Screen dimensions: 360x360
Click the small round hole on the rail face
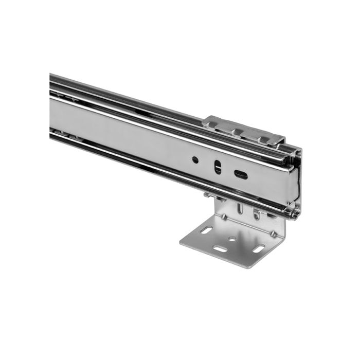point(195,159)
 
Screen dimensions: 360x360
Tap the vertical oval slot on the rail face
point(218,167)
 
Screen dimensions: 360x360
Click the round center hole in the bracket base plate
point(233,239)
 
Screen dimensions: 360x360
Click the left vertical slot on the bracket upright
point(240,208)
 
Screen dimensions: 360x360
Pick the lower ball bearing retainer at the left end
point(67,135)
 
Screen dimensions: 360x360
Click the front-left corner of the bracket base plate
point(181,242)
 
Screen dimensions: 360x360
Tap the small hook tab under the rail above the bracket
point(207,195)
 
